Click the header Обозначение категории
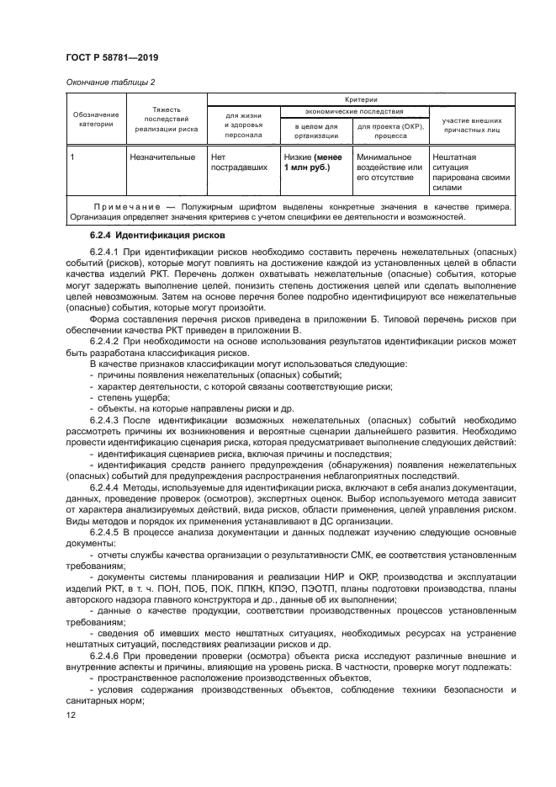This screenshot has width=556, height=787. (x=95, y=119)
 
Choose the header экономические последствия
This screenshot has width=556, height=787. (x=353, y=111)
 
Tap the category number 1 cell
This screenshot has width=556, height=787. (x=75, y=157)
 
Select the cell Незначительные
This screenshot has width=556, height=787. (x=162, y=157)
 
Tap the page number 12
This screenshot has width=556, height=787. (x=71, y=713)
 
